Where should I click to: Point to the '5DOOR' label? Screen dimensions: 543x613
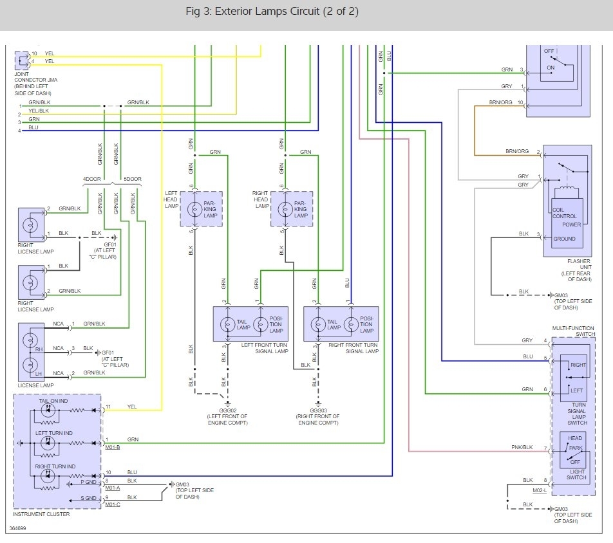[x=132, y=179]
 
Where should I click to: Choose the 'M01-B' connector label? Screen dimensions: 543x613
[x=113, y=447]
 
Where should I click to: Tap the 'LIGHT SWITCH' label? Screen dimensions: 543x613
[x=576, y=474]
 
